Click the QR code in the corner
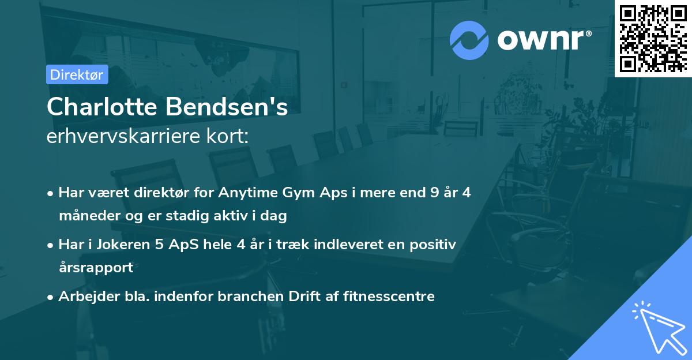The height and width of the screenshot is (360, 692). [653, 38]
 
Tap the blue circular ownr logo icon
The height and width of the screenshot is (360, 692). [469, 40]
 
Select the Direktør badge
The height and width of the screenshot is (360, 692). [76, 74]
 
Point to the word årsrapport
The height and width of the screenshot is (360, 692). [96, 267]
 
